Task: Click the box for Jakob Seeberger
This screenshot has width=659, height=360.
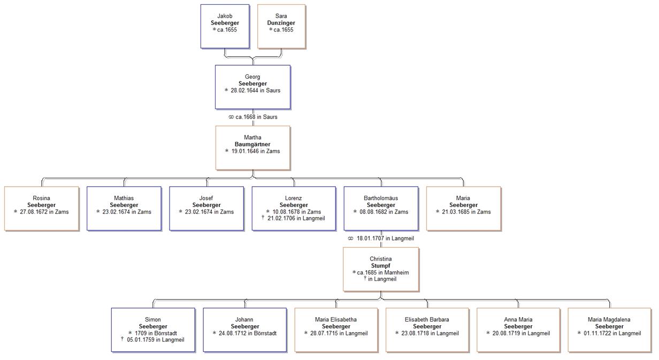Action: (x=225, y=26)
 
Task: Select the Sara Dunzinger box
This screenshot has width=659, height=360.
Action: (x=281, y=26)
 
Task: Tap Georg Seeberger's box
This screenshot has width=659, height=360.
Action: (x=252, y=87)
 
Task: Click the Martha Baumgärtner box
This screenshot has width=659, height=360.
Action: (x=252, y=148)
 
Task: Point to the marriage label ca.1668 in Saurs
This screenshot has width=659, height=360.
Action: (x=253, y=117)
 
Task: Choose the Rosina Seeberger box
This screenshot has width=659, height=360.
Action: (x=41, y=208)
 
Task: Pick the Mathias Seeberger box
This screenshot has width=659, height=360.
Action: (x=124, y=208)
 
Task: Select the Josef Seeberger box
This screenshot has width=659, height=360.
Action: (x=206, y=208)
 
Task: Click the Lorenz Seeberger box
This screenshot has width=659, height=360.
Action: (x=294, y=208)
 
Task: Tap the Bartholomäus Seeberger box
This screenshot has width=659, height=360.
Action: (x=381, y=208)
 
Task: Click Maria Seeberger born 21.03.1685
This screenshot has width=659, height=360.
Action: (x=463, y=208)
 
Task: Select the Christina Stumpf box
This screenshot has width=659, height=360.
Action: (x=381, y=269)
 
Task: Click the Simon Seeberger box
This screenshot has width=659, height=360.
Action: (x=153, y=330)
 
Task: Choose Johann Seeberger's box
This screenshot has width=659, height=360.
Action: (x=245, y=330)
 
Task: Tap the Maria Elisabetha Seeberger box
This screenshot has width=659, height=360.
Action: (x=336, y=330)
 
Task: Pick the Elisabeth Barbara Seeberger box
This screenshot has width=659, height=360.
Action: (x=427, y=330)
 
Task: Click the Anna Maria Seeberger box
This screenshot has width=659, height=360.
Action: (x=518, y=330)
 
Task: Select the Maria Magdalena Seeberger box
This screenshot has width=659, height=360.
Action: (x=609, y=330)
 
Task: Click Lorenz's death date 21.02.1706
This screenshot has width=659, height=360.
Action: (x=296, y=219)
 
